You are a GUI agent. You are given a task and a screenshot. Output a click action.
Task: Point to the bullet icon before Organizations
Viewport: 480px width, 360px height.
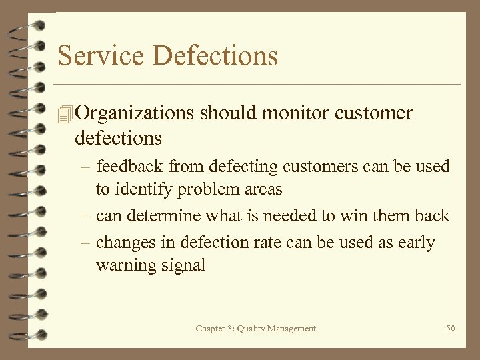(65, 114)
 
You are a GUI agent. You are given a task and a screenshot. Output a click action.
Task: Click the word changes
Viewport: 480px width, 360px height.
(123, 243)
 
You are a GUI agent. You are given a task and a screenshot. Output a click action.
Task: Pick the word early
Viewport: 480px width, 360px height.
(416, 243)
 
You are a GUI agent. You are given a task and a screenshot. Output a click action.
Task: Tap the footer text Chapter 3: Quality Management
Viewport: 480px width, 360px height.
(256, 329)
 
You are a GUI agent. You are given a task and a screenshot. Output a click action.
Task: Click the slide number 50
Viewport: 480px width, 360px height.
(451, 329)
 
